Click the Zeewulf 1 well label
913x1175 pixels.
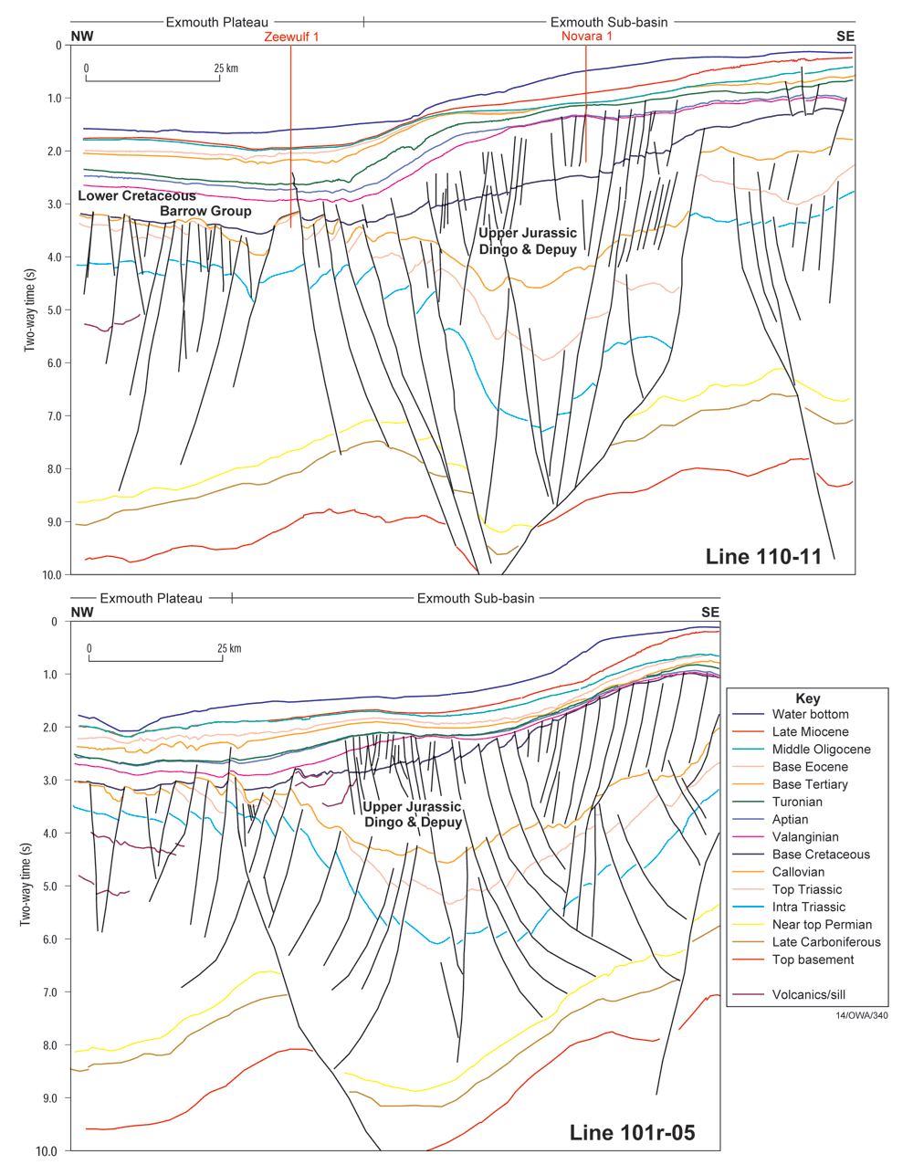(x=291, y=37)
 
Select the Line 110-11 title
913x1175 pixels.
(x=763, y=556)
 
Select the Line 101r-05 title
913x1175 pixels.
(x=632, y=1133)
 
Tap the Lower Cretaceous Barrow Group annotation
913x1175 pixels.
(x=164, y=204)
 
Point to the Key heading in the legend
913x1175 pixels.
(x=808, y=698)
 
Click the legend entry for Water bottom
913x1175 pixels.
(x=810, y=715)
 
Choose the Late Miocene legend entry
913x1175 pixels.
(x=810, y=732)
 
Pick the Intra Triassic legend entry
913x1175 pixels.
(x=809, y=907)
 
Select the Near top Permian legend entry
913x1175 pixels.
(x=822, y=925)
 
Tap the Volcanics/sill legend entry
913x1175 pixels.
(x=815, y=995)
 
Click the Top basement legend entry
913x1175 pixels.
(x=813, y=960)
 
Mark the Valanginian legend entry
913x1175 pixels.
(x=805, y=837)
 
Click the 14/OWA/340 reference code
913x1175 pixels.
(x=861, y=1015)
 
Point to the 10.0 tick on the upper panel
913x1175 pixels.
(x=51, y=575)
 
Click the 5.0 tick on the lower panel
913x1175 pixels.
(x=48, y=886)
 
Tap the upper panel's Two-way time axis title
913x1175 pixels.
(x=29, y=310)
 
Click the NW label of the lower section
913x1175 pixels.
(x=82, y=613)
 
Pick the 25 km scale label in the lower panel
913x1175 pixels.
(x=229, y=649)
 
